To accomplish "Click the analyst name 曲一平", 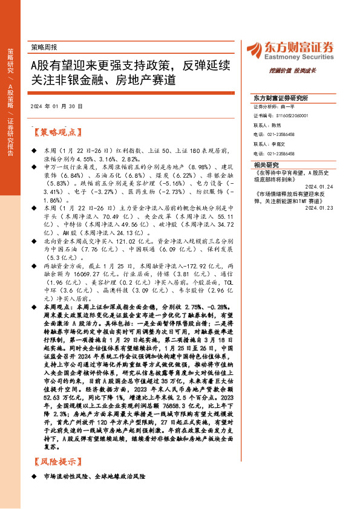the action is (x=293, y=106).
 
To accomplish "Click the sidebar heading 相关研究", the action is (x=266, y=164).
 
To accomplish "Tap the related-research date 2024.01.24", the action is (x=319, y=186).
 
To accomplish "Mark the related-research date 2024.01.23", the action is (x=319, y=207).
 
